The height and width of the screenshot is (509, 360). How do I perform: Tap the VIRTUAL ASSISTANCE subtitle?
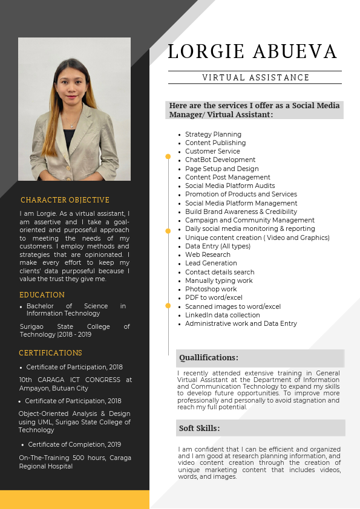click(x=255, y=77)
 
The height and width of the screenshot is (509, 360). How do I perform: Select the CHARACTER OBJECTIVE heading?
click(x=65, y=200)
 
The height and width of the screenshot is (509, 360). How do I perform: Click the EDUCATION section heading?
click(x=42, y=295)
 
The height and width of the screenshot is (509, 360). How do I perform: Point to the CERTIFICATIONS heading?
click(x=50, y=353)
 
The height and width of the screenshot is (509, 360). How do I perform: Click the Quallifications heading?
click(x=209, y=358)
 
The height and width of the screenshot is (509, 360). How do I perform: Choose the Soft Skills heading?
click(x=199, y=429)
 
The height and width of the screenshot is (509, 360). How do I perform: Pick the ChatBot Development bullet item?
click(x=220, y=160)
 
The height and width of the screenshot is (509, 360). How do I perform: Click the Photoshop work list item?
click(x=211, y=290)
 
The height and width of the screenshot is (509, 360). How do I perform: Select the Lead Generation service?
click(x=211, y=264)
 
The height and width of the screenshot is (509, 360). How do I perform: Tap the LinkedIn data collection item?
click(x=223, y=315)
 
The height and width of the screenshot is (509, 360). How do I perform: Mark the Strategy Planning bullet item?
click(x=213, y=134)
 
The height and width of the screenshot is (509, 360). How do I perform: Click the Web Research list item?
click(x=208, y=255)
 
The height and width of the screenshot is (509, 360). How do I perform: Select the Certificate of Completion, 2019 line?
click(x=74, y=444)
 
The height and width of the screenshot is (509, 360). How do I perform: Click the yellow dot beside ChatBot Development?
click(x=168, y=157)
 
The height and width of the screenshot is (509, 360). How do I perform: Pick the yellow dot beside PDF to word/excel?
click(x=168, y=306)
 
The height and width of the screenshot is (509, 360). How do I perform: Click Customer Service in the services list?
click(x=212, y=151)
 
